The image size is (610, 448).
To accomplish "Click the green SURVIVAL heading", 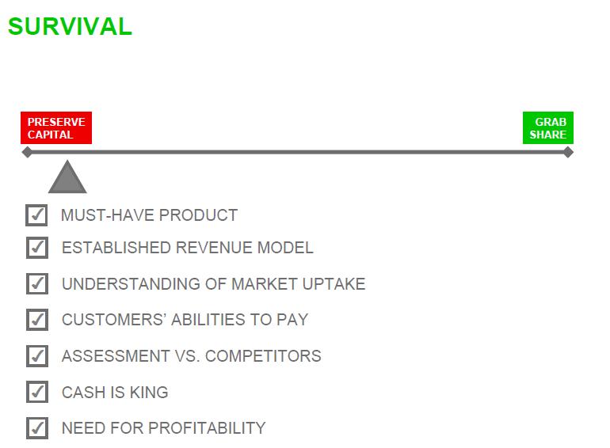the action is (x=70, y=26).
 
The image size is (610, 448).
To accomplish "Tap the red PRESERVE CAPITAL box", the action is (x=56, y=128).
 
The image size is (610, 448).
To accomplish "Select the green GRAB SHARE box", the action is (x=547, y=128).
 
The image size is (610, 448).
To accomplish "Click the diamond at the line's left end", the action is (x=27, y=152).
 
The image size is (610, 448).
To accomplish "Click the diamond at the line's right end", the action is (x=568, y=152).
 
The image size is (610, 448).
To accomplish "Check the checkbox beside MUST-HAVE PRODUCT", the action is (x=36, y=215).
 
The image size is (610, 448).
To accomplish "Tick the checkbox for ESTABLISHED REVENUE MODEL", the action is (x=37, y=248).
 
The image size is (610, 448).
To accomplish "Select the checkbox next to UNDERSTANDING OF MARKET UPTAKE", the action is (x=37, y=283).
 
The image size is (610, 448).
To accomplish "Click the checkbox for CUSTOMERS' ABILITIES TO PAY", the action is (x=37, y=320).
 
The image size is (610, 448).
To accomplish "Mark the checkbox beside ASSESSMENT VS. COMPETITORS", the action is (x=37, y=356).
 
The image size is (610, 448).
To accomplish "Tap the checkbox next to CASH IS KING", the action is (x=37, y=392).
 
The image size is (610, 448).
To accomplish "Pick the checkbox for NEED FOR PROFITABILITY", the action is (x=37, y=428).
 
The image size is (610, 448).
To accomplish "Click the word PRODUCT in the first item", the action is (x=198, y=215).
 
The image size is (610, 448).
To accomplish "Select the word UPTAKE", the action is (x=334, y=283).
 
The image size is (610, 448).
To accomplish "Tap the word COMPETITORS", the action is (x=263, y=356).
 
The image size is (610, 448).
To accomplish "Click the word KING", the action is (x=149, y=392).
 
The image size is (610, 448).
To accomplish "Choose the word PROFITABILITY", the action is (x=207, y=428).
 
